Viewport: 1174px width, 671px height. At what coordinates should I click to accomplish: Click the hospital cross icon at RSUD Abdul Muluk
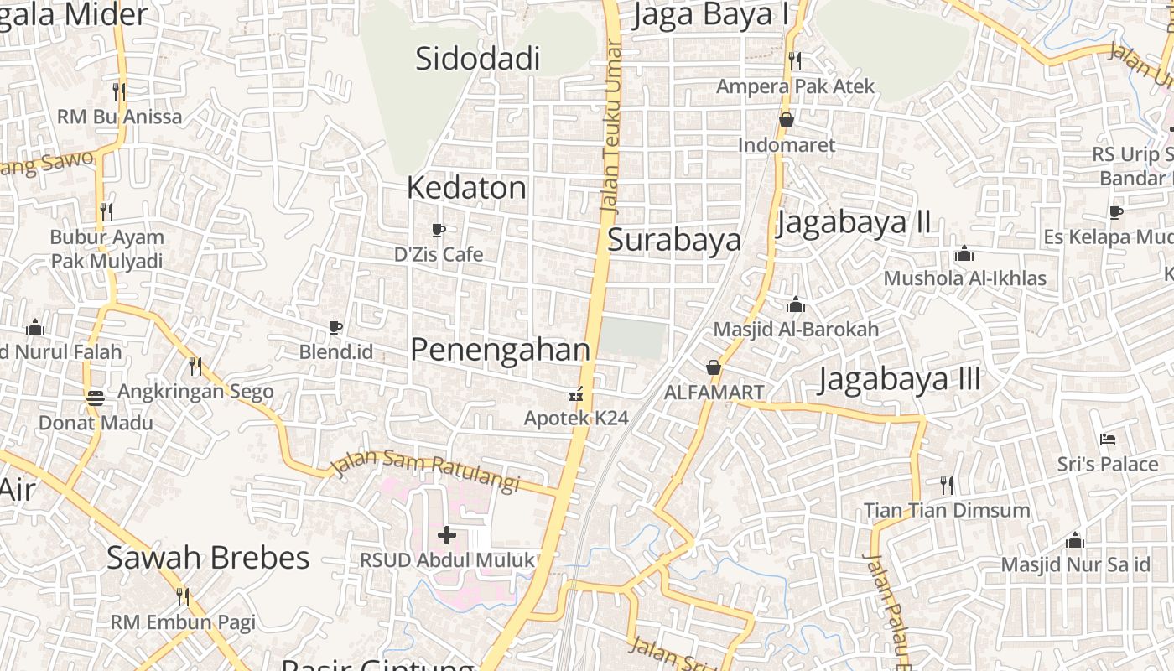pos(447,534)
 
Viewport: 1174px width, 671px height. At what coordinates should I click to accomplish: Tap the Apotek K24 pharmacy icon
pos(576,393)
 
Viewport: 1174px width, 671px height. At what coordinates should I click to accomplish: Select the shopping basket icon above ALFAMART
pos(713,367)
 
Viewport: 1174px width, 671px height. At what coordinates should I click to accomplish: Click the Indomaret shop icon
pos(787,120)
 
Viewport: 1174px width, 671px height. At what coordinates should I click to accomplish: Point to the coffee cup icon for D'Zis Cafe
pos(438,229)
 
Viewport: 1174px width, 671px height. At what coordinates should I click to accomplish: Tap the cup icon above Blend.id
pos(335,326)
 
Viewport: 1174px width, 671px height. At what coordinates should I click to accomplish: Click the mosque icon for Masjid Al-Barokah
pos(796,304)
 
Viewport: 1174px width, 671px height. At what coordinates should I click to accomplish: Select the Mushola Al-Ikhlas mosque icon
pos(964,253)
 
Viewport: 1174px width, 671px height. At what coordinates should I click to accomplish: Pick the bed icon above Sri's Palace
pos(1107,439)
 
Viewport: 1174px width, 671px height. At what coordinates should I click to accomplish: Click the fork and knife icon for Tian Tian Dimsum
pos(946,485)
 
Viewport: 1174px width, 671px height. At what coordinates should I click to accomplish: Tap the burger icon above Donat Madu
pos(96,397)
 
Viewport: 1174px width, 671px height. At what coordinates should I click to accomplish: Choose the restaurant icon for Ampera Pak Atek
pos(794,60)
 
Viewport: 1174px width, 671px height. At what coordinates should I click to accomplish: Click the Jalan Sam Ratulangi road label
pos(425,470)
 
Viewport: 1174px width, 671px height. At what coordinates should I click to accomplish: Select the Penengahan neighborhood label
pos(500,350)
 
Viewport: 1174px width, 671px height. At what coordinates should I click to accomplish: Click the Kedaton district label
pos(466,188)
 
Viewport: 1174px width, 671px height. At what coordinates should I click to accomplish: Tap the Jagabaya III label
pos(899,379)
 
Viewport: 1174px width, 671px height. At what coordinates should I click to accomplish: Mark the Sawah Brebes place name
pos(208,558)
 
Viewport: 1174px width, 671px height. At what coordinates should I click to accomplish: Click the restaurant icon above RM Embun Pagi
pos(183,596)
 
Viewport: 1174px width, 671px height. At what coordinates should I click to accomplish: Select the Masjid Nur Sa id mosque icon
pos(1074,541)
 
